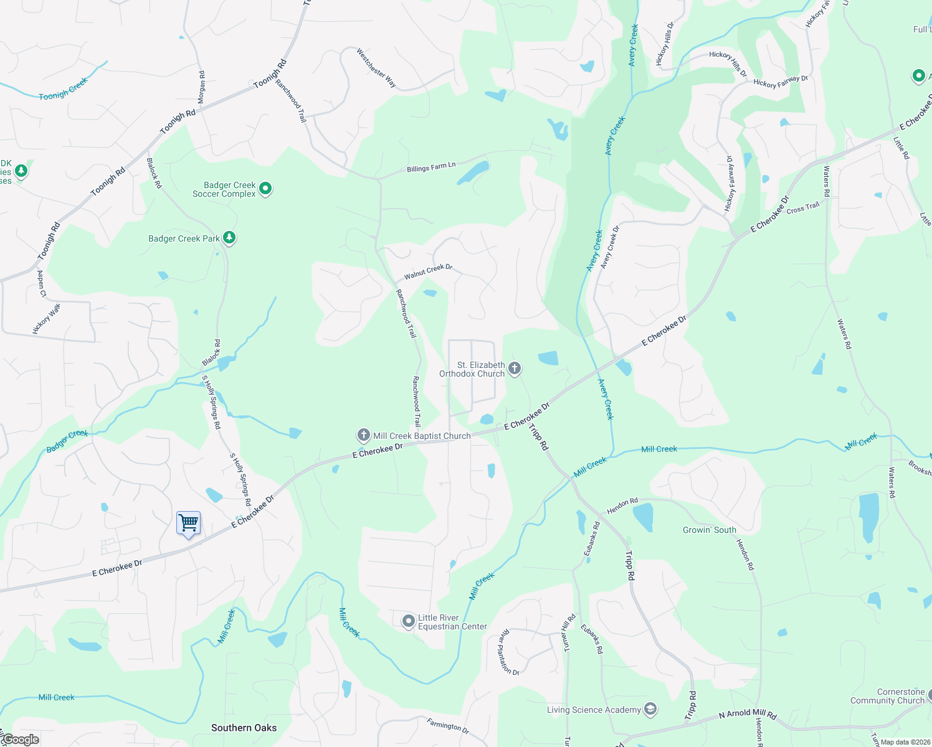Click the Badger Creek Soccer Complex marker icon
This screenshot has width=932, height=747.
point(265,188)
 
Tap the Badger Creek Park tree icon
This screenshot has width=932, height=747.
point(229,238)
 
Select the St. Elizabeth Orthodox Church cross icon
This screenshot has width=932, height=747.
point(515,369)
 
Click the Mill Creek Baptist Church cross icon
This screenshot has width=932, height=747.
point(364,435)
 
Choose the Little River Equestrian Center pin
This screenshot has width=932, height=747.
point(408,621)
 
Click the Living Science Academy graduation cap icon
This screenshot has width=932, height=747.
point(650,709)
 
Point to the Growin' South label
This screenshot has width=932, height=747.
point(709,530)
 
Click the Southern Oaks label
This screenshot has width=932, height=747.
point(244,728)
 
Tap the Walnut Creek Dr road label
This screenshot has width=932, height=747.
point(428,271)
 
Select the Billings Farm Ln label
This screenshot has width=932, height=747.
point(431,167)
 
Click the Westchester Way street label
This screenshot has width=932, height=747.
point(376,68)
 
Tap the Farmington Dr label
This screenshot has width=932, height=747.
point(448,725)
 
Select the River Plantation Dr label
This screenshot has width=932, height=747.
point(509,652)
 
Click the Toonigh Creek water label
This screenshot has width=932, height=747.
point(63,88)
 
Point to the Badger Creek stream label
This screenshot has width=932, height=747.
point(67,441)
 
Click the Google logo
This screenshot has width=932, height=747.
point(21,740)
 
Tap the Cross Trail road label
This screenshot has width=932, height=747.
point(802,208)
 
